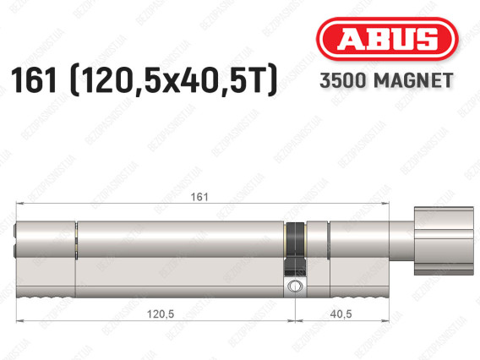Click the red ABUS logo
pyautogui.click(x=387, y=39)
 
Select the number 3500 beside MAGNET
pyautogui.click(x=343, y=80)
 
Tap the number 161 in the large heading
pyautogui.click(x=34, y=80)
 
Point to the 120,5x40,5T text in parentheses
pyautogui.click(x=173, y=80)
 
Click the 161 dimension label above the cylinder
pyautogui.click(x=199, y=197)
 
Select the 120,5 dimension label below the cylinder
pyautogui.click(x=161, y=314)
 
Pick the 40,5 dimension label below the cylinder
pyautogui.click(x=341, y=314)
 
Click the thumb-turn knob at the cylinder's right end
pyautogui.click(x=444, y=241)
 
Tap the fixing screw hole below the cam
pyautogui.click(x=295, y=286)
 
